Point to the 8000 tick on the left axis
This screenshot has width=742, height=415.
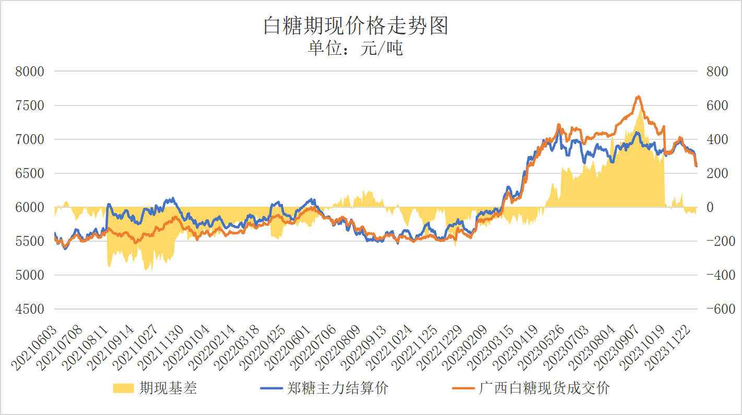pyautogui.click(x=30, y=72)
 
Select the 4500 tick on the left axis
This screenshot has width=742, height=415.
pyautogui.click(x=30, y=309)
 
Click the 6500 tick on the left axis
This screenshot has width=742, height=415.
pyautogui.click(x=30, y=173)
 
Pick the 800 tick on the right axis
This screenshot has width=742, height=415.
pyautogui.click(x=716, y=72)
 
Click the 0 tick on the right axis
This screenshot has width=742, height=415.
pyautogui.click(x=710, y=207)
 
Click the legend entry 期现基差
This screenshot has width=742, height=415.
pyautogui.click(x=168, y=388)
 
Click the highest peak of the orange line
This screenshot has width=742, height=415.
pyautogui.click(x=638, y=97)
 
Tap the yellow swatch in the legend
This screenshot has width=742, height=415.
pyautogui.click(x=124, y=388)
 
